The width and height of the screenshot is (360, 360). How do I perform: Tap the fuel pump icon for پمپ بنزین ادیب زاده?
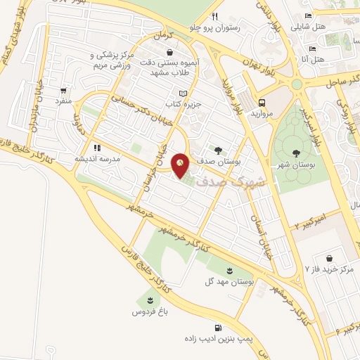[219, 328]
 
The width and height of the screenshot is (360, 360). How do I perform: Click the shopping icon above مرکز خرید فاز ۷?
[328, 257]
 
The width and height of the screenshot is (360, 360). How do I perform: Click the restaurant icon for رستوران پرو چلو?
[214, 17]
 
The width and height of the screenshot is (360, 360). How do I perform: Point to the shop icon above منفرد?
[65, 91]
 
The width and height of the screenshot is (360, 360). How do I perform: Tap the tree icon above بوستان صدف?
[218, 150]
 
